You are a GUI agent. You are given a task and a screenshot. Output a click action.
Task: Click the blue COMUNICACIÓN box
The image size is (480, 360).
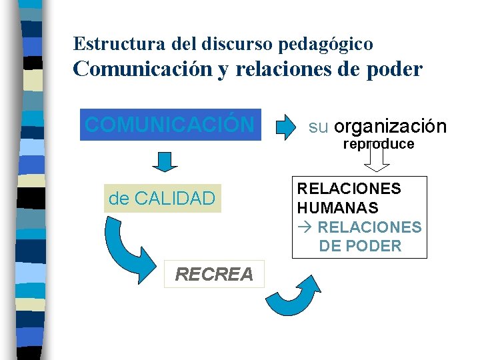click(170, 124)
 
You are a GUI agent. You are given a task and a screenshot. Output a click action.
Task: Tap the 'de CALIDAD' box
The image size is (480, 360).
click(162, 198)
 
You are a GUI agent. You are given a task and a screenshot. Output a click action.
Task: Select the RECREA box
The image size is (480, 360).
click(214, 274)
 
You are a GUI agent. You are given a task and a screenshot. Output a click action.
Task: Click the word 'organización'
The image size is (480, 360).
click(390, 127)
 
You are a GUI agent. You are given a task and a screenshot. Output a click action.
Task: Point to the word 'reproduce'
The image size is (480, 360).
click(378, 144)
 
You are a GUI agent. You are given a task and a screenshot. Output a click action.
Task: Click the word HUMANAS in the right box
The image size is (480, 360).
click(337, 208)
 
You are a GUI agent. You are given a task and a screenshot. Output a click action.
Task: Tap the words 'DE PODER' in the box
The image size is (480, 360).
click(360, 246)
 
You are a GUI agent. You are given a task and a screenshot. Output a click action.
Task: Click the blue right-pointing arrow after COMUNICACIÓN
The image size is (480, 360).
click(285, 125)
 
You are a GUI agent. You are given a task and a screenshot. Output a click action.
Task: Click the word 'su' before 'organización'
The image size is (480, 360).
click(318, 127)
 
